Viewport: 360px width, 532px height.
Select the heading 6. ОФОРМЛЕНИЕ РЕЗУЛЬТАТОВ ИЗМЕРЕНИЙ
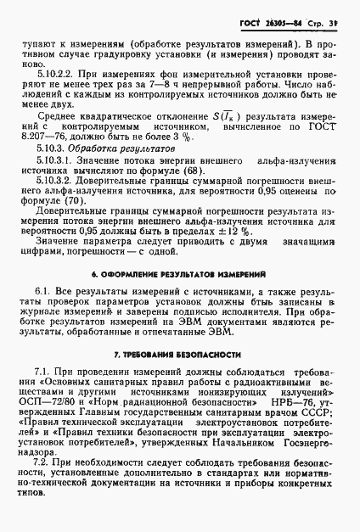(179, 276)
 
